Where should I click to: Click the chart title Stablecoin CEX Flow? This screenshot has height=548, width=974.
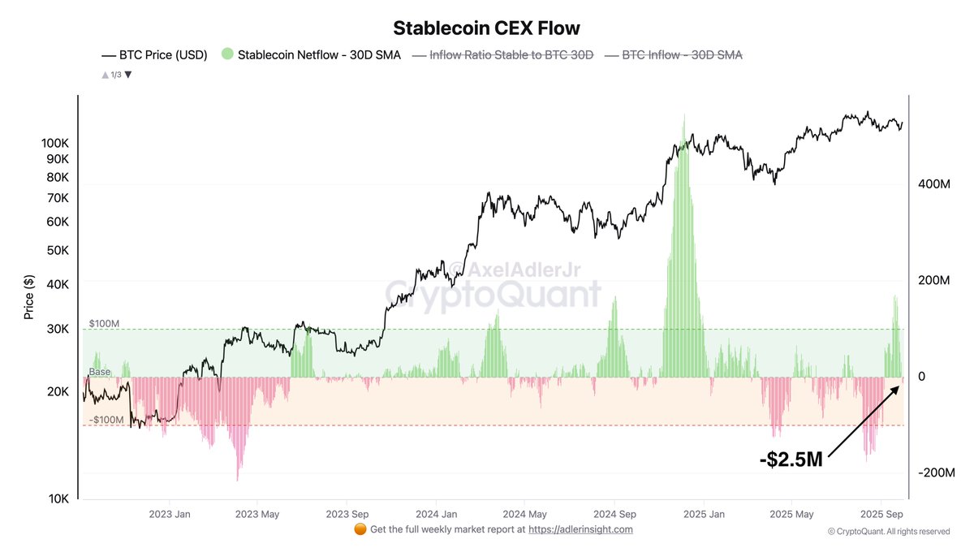point(486,28)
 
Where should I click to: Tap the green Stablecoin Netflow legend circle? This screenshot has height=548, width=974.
point(227,54)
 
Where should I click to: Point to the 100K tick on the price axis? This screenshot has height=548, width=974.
point(54,143)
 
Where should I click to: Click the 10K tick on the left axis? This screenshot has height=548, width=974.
point(58,498)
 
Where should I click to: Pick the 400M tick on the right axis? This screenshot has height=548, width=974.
point(933,184)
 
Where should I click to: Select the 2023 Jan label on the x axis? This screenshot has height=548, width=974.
point(170,514)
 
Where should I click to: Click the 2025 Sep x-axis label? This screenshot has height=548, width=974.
point(881,514)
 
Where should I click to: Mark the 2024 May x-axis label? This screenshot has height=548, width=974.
point(525,514)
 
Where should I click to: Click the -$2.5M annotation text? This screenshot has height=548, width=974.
point(791,460)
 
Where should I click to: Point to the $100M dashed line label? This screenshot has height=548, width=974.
point(105,323)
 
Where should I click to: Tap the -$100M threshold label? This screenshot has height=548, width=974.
point(106,420)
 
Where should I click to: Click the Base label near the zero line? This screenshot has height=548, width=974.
point(100,372)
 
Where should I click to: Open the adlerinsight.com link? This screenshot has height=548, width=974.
point(580,529)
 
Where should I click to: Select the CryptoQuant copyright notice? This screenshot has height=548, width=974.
point(888,532)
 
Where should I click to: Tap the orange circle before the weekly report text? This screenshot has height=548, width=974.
point(360,529)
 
